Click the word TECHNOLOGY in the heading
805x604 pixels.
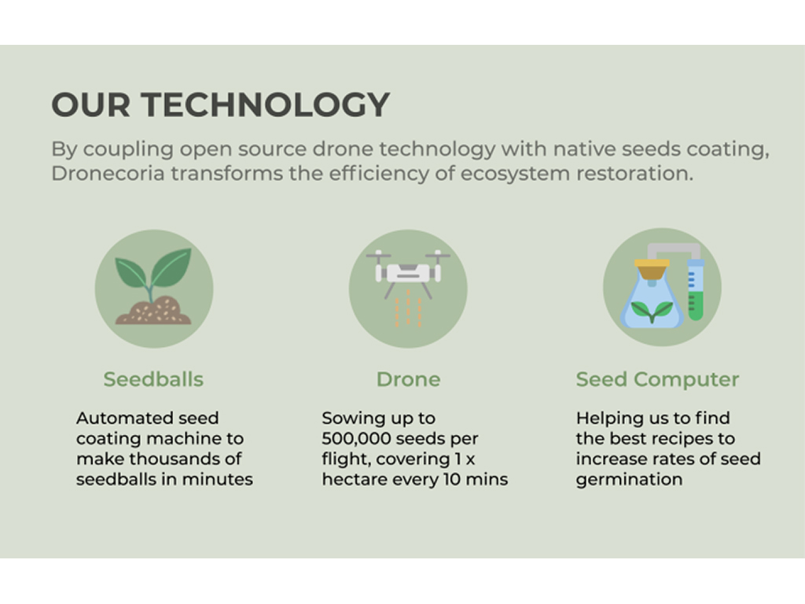(x=266, y=105)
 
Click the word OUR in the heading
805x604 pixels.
(x=91, y=105)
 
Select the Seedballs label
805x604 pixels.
(x=153, y=380)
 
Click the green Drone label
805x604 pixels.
(x=408, y=380)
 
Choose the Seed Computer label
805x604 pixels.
(x=657, y=380)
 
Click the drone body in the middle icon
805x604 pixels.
(x=408, y=273)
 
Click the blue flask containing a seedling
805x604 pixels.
(x=652, y=303)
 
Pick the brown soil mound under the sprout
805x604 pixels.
(x=153, y=311)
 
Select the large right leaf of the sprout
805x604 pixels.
(x=172, y=267)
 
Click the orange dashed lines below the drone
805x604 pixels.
(x=408, y=308)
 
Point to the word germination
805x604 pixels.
(x=629, y=480)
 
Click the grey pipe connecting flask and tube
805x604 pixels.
(x=674, y=248)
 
